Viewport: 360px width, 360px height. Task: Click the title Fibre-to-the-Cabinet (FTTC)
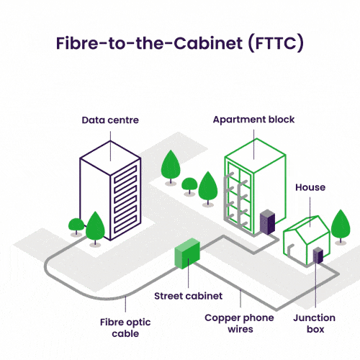(x=180, y=43)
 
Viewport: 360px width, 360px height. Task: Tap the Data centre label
(x=110, y=120)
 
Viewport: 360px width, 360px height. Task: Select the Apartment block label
(x=253, y=120)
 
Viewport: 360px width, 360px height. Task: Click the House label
(x=310, y=187)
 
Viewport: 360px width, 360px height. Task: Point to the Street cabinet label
(x=188, y=296)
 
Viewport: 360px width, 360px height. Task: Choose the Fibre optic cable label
(x=125, y=328)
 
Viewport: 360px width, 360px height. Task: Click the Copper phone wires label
(x=239, y=323)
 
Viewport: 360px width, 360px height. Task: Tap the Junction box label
(x=315, y=323)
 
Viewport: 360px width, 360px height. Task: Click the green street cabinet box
(x=187, y=253)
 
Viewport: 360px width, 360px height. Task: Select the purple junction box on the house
(x=318, y=256)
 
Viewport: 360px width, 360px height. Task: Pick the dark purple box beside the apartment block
(x=268, y=222)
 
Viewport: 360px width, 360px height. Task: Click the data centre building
(x=110, y=191)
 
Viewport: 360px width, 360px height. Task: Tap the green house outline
(x=307, y=240)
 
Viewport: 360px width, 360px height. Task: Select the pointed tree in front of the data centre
(x=95, y=229)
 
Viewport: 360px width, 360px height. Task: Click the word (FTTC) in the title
(x=276, y=44)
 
